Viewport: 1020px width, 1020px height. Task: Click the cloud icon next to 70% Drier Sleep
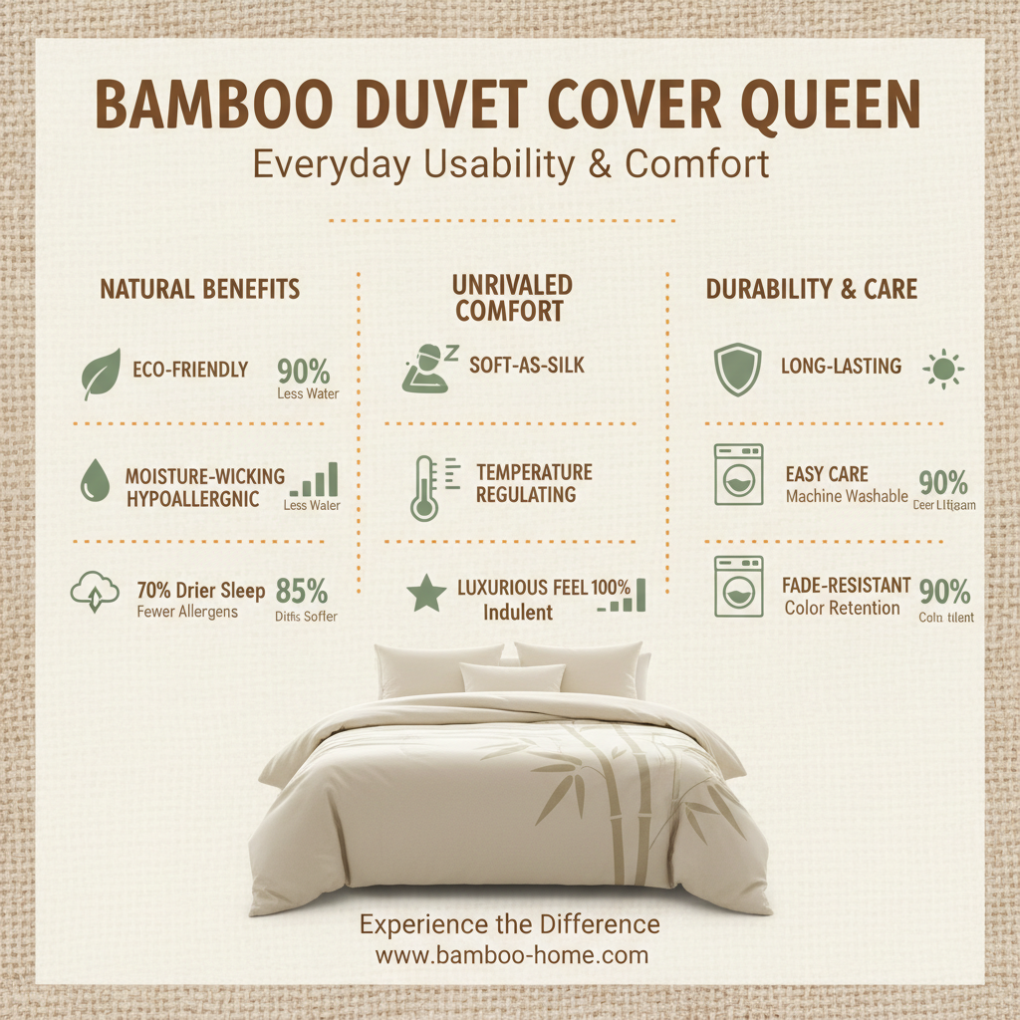(x=94, y=594)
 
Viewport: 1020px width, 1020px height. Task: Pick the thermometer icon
(x=426, y=487)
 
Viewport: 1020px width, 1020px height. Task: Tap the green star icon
(x=426, y=595)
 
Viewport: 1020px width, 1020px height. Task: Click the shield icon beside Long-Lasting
(x=738, y=370)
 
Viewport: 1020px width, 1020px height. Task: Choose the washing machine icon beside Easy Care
(x=738, y=475)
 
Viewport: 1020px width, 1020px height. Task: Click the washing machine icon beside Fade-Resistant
(x=738, y=587)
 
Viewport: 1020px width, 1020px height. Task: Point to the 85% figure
(x=303, y=591)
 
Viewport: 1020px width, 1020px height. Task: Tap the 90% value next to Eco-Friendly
(x=304, y=373)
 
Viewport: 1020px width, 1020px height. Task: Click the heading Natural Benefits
(x=199, y=290)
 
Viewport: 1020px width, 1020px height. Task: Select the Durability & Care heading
(x=812, y=290)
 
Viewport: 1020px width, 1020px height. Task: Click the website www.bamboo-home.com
(x=511, y=955)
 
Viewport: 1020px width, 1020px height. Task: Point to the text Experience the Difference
(x=509, y=924)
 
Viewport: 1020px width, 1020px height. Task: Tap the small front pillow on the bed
(x=512, y=678)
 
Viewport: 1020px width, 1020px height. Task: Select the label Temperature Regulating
(x=534, y=483)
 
